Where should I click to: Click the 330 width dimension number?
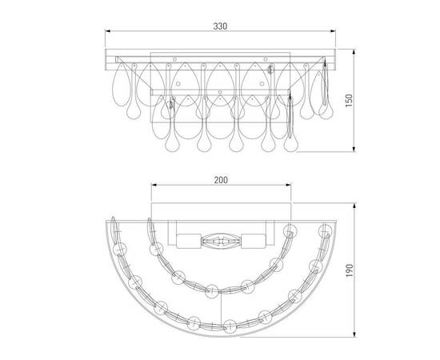(220, 26)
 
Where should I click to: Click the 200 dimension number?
(221, 180)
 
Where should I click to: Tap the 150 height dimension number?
(349, 101)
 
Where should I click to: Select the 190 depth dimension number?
(349, 270)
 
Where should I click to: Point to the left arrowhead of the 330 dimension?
(108, 31)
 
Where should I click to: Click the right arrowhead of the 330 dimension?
(333, 31)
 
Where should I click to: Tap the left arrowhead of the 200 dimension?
(154, 185)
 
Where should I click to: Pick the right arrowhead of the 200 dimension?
(288, 185)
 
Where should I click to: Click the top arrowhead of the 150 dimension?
(354, 53)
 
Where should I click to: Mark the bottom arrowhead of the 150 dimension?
(354, 149)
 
